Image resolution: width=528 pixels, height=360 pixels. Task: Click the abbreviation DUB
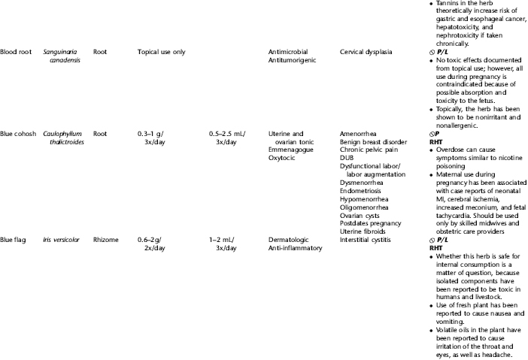tap(348, 159)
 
